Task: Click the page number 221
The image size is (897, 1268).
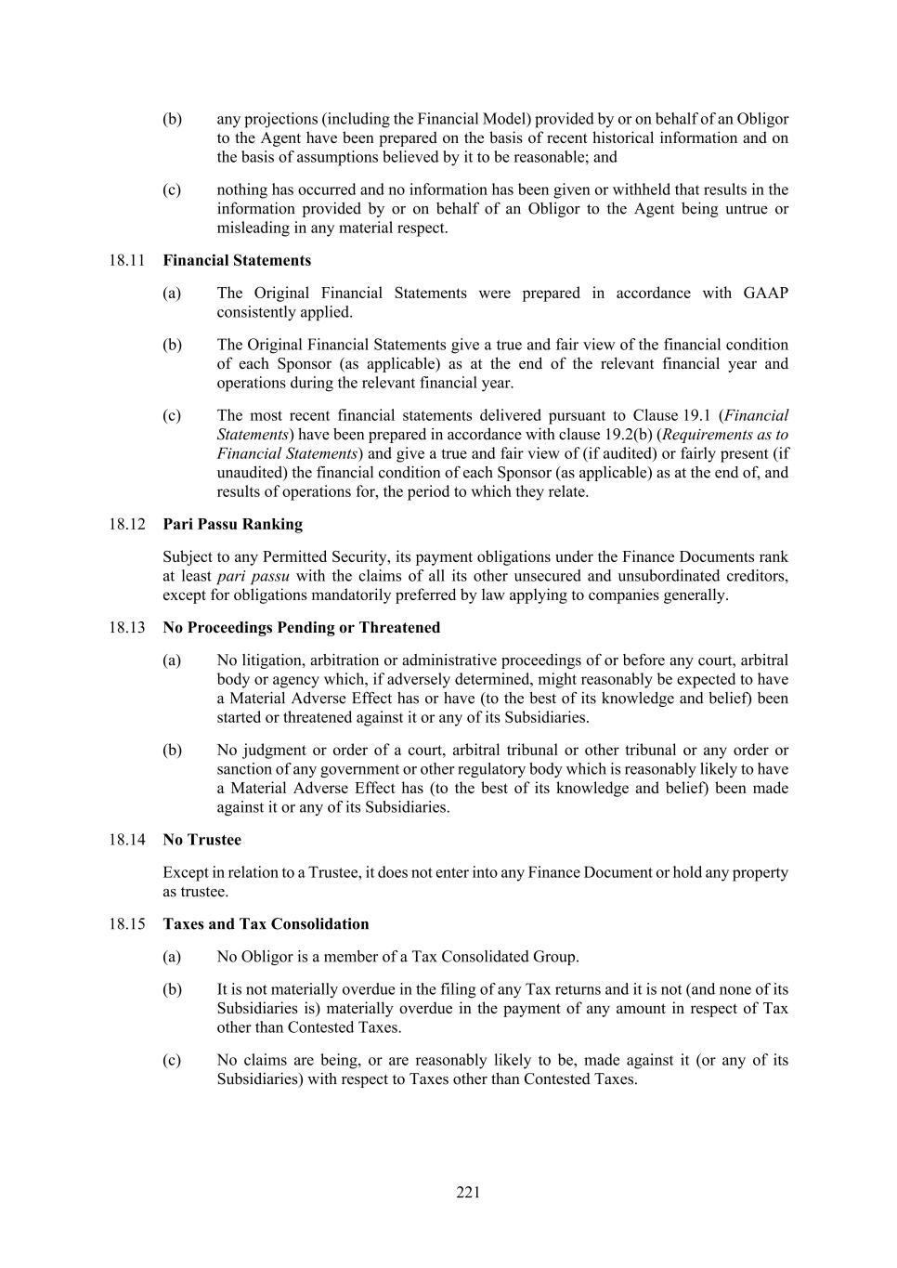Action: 468,1193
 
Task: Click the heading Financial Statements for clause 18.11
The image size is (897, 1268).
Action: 237,260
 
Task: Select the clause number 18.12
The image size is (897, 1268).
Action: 127,524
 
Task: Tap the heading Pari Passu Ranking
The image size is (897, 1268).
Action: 232,524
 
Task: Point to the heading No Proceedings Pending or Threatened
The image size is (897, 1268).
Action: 301,627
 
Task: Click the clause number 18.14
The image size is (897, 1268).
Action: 127,840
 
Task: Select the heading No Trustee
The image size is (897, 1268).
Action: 201,840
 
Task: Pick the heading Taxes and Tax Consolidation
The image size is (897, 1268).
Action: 266,924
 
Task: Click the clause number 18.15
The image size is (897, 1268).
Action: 127,924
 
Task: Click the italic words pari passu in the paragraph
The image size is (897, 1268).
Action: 259,576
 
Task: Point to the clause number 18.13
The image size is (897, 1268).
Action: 127,627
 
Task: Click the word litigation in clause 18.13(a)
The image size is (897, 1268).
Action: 273,660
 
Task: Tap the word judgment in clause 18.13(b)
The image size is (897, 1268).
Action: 277,750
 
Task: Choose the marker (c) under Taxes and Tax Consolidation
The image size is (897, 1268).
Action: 172,1060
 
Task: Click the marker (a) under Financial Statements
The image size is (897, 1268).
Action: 172,293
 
